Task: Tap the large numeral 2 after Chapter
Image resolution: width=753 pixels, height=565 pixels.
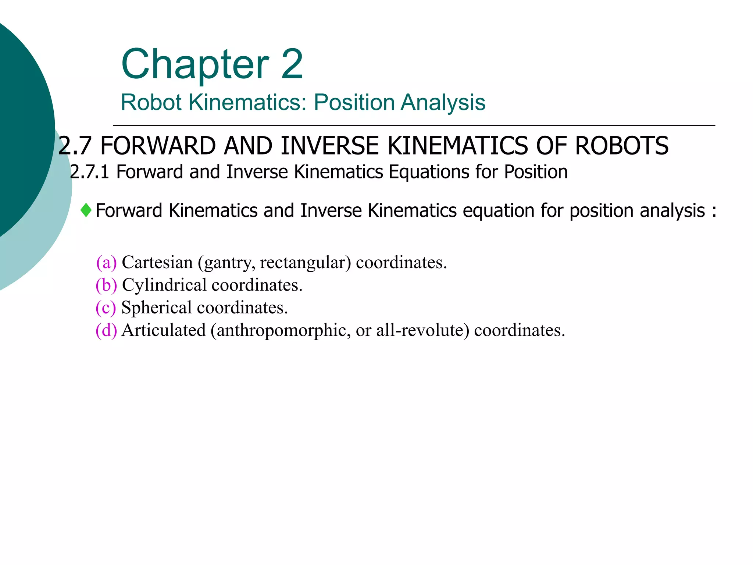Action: coord(292,64)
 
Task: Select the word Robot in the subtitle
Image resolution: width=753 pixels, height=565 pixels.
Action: coord(151,102)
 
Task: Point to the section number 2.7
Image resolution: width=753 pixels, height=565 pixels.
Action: coord(75,146)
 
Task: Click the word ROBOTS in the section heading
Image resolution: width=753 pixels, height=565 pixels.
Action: coord(622,146)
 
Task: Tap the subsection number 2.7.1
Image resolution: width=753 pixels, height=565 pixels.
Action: coord(89,172)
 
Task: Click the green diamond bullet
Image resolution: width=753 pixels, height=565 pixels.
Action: coord(86,210)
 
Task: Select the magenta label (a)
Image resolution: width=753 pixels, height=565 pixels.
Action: coord(106,263)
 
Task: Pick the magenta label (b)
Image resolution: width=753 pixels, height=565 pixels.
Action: coord(106,285)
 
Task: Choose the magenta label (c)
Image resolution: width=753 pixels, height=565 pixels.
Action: coord(106,308)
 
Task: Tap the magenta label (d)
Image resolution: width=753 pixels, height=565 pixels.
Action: coord(106,330)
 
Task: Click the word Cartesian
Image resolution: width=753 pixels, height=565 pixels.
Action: coord(157,263)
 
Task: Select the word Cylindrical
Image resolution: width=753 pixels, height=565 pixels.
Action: coord(164,285)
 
